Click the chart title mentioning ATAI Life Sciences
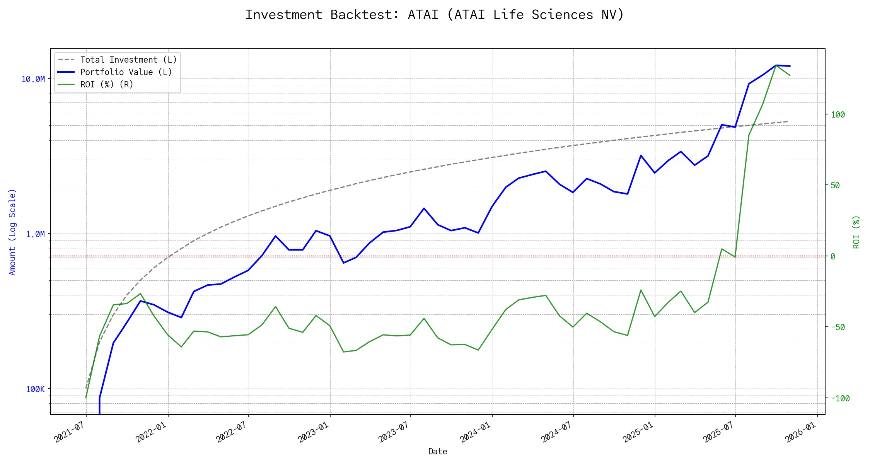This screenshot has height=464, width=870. [435, 15]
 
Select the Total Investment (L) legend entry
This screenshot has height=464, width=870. [128, 60]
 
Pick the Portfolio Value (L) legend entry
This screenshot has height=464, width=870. [126, 72]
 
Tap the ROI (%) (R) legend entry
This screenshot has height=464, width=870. [107, 85]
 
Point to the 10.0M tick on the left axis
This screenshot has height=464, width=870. [33, 79]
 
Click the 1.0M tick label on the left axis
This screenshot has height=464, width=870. [35, 234]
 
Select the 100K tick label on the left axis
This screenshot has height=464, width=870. [35, 389]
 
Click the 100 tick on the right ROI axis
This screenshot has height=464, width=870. [838, 114]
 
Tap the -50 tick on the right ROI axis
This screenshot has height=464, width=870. [837, 327]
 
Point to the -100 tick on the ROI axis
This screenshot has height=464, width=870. [839, 398]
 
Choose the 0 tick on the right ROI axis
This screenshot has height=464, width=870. [833, 256]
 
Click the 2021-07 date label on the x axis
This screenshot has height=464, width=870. [69, 432]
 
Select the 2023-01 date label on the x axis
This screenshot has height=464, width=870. [313, 432]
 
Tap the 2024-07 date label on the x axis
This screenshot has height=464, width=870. [556, 432]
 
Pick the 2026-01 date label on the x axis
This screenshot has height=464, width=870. [800, 432]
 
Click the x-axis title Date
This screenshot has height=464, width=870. [438, 452]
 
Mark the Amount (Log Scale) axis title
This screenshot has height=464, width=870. [12, 232]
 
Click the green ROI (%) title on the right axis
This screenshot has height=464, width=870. [856, 232]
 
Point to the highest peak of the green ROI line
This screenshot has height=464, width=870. [776, 65]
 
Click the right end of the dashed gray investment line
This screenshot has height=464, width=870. [788, 121]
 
